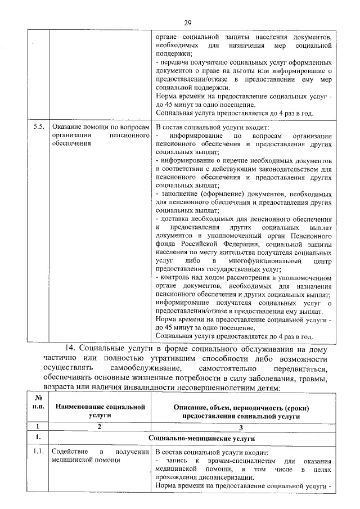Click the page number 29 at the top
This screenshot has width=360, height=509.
click(x=188, y=22)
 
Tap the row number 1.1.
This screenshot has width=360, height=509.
click(x=38, y=452)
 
